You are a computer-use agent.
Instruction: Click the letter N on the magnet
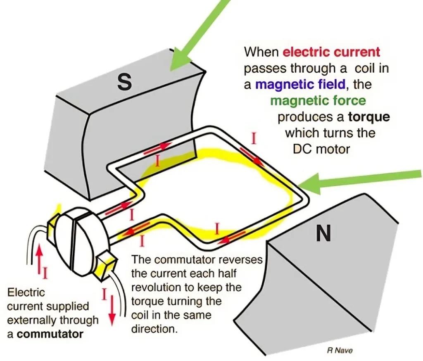323,234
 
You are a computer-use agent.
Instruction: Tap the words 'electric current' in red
331,52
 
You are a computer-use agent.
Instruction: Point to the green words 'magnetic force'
318,101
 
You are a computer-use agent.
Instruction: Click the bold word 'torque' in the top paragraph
369,117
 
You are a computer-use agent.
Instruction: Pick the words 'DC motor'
321,149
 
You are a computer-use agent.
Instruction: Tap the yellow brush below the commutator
105,265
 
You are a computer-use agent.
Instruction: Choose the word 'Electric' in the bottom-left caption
26,292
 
